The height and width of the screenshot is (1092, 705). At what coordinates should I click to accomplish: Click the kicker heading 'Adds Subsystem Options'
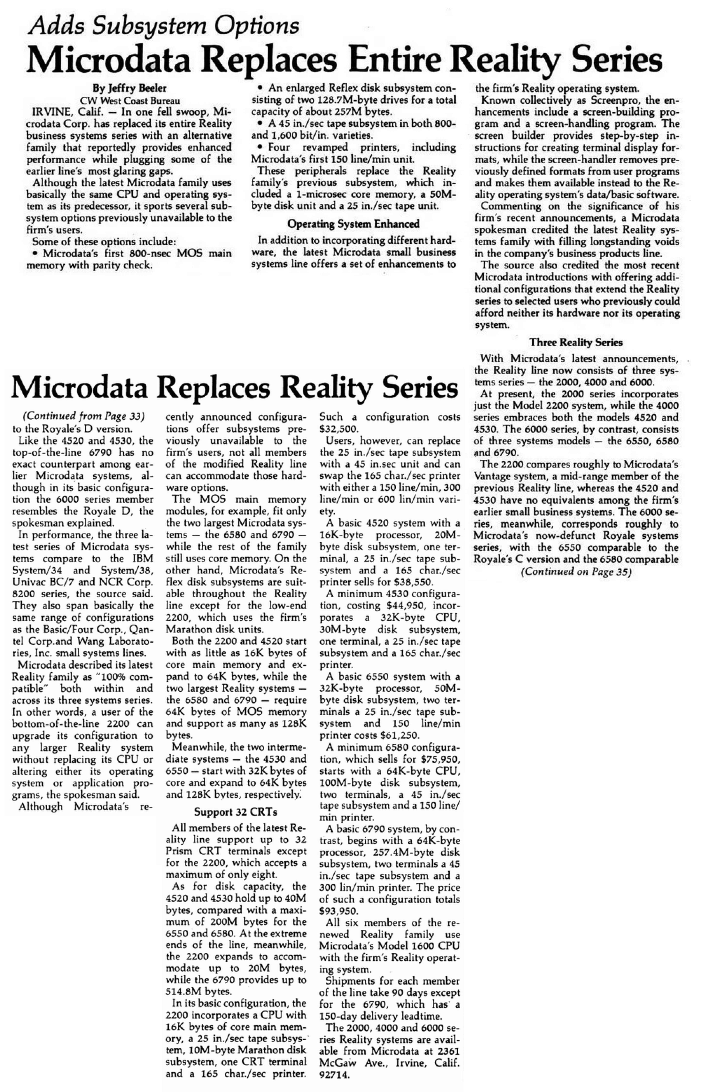[163, 25]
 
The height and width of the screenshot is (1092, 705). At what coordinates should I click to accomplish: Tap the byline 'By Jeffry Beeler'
[130, 88]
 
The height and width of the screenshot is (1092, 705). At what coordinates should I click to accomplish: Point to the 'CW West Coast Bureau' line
[130, 100]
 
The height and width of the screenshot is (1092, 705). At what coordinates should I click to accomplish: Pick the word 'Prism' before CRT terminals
[182, 851]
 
